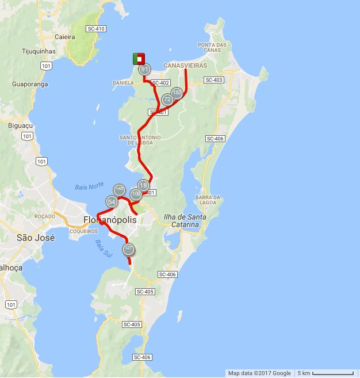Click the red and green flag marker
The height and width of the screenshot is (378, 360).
pos(139,59)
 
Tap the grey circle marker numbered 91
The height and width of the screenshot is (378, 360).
pos(144,70)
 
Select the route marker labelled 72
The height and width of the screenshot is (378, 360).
pos(167,100)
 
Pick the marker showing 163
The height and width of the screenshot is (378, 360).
pos(177,93)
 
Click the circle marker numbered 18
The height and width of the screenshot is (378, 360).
pos(143,185)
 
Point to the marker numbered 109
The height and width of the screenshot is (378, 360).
pos(136,194)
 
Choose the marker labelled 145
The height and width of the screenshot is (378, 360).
pos(119,189)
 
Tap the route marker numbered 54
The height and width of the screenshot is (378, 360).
pos(112,201)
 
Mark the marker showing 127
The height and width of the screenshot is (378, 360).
pos(128,249)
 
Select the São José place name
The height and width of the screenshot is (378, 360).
pos(36,237)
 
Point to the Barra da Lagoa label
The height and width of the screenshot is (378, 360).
pos(208,199)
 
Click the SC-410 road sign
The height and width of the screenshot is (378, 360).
pos(95,29)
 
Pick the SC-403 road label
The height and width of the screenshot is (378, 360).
pos(213,80)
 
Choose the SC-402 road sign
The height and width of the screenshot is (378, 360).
pos(161,83)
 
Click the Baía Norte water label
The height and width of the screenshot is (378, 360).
pos(89,186)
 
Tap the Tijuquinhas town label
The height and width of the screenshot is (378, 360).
pos(39,51)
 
